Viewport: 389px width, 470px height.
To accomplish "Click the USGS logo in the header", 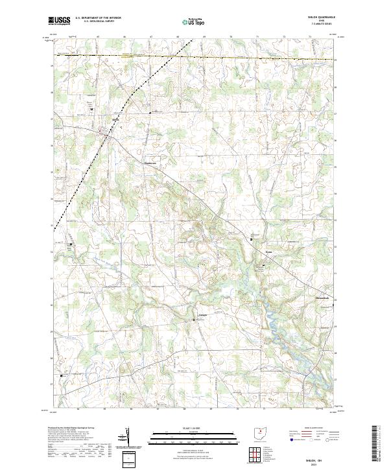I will click(60, 20).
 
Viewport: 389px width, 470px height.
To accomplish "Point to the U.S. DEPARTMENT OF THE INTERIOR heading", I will click(98, 18).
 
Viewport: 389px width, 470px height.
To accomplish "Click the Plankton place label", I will click(150, 163).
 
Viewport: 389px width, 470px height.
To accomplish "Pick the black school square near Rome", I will click(252, 239).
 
